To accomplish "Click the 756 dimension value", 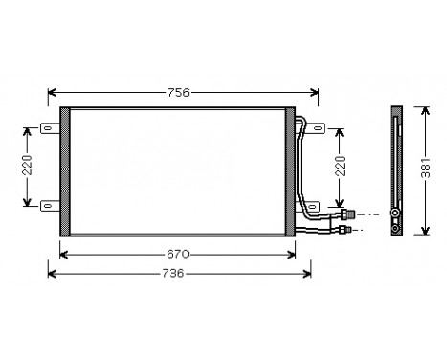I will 178,93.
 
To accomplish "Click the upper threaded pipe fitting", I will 351,214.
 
